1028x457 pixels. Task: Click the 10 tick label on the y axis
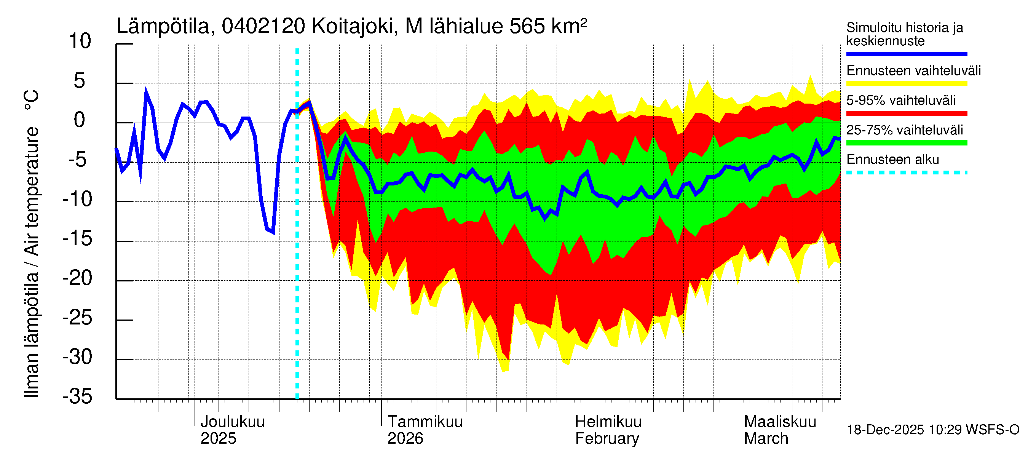click(80, 42)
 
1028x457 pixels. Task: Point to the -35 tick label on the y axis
click(77, 396)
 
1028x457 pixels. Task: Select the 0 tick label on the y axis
click(80, 120)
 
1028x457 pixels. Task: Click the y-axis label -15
click(77, 239)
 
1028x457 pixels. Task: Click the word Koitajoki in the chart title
click(354, 27)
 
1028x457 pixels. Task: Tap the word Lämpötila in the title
click(163, 27)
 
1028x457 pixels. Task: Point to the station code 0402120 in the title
click(263, 27)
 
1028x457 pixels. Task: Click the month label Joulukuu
click(232, 422)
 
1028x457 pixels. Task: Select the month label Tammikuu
click(425, 422)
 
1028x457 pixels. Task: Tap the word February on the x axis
click(607, 439)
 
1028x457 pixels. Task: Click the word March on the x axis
click(766, 439)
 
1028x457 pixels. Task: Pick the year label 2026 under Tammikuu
click(405, 439)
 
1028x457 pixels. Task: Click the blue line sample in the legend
click(906, 54)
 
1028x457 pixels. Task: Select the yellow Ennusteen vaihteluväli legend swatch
click(906, 84)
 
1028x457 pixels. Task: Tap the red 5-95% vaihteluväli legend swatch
click(906, 113)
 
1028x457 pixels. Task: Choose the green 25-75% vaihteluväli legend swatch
click(906, 143)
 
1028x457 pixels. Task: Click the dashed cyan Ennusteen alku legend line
click(906, 173)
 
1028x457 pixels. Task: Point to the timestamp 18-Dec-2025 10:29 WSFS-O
click(932, 430)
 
